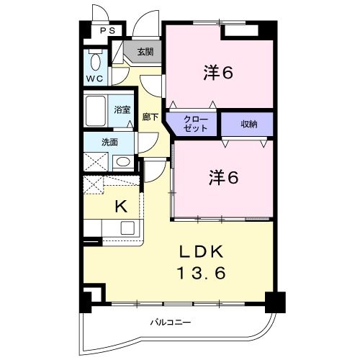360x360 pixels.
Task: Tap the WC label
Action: click(94, 77)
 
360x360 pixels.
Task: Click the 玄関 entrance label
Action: click(144, 52)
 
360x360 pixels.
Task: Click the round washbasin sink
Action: click(123, 161)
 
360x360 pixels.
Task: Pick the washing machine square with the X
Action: click(95, 161)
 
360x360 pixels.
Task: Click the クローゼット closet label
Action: click(194, 123)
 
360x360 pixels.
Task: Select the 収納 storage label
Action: click(247, 123)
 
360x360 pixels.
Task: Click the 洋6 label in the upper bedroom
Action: click(220, 73)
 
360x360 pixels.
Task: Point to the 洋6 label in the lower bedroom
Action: click(223, 177)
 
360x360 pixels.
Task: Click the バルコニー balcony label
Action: click(171, 322)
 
